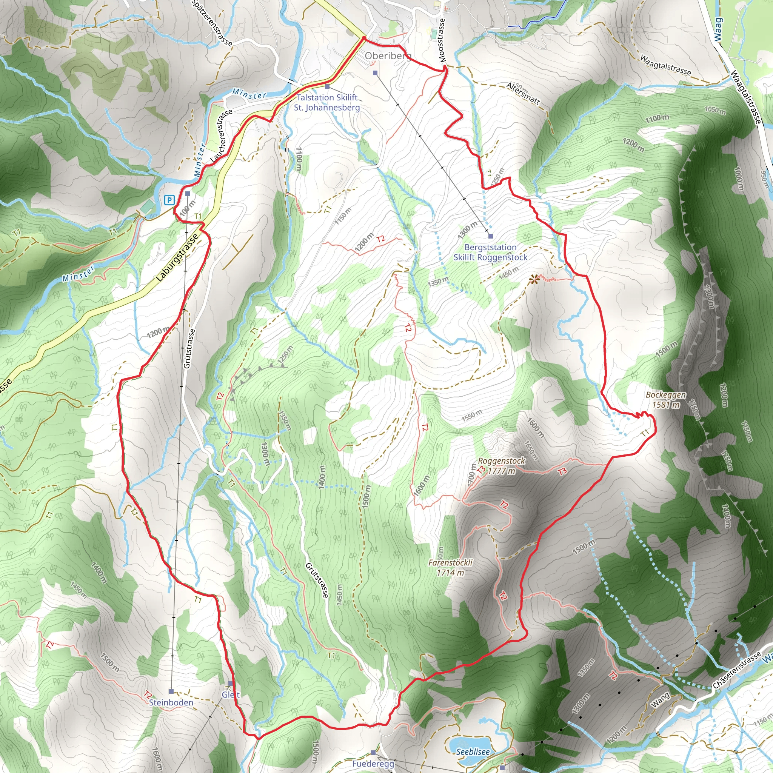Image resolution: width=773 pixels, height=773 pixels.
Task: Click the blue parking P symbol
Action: [x=169, y=200]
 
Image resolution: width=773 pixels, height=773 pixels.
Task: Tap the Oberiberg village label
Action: [x=387, y=56]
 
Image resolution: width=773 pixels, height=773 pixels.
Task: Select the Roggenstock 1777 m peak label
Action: [x=501, y=466]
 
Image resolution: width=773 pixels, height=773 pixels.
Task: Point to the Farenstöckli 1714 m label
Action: [x=451, y=567]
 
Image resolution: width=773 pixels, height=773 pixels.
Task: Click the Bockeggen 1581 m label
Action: [x=666, y=400]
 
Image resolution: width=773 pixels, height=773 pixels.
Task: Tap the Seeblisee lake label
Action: [x=473, y=752]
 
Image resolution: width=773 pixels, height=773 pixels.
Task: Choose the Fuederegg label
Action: [x=373, y=764]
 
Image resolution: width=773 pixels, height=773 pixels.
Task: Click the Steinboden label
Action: [x=171, y=702]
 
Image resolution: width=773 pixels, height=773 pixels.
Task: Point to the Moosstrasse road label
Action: [x=442, y=40]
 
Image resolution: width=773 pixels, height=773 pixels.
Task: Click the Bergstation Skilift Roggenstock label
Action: [x=490, y=253]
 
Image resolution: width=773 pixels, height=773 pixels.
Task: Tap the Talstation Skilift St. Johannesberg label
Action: [x=327, y=102]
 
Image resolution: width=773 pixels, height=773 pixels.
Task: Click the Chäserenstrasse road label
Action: [x=737, y=671]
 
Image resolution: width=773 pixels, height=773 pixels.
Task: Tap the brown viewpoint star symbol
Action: [x=533, y=279]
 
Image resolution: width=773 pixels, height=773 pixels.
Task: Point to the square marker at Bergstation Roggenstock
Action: [x=491, y=236]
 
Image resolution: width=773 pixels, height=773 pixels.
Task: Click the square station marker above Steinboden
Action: [x=171, y=691]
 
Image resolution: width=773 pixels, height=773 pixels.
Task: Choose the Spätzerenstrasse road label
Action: [x=212, y=23]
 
